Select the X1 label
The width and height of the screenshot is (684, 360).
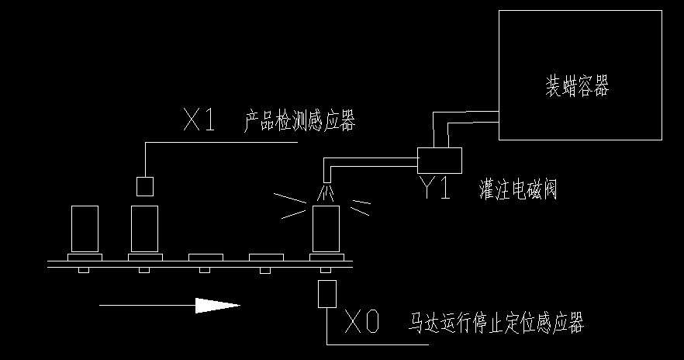tap(199, 120)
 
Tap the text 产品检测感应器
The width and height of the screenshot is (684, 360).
tap(299, 122)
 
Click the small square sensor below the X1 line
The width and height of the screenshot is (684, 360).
tap(144, 186)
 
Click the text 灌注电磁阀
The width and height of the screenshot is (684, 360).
tap(518, 189)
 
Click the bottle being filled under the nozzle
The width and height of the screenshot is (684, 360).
tap(326, 228)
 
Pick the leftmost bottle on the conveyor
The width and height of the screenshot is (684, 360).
tap(85, 228)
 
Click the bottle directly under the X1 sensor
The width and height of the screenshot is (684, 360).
tap(144, 228)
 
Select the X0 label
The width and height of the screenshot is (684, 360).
tap(362, 322)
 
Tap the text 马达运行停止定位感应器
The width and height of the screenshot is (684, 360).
tap(496, 322)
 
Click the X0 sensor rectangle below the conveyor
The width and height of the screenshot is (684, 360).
tap(326, 294)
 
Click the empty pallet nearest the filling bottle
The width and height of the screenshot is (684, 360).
tap(265, 257)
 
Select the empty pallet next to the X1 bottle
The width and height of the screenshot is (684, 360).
tap(205, 257)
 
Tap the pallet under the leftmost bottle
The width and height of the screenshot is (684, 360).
tap(85, 257)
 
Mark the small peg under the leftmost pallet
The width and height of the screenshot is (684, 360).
tap(85, 270)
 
